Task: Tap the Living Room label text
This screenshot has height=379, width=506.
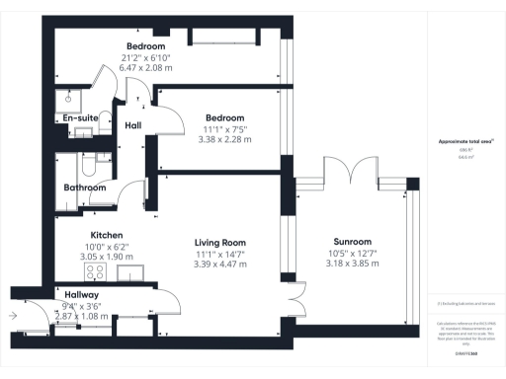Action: click(219, 242)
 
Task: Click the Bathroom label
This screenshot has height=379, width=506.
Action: click(85, 188)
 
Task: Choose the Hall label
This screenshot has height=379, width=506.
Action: click(133, 125)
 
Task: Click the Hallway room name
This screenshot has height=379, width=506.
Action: click(81, 295)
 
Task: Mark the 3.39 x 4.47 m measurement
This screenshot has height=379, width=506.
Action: click(219, 265)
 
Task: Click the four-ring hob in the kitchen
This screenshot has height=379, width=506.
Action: click(97, 270)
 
